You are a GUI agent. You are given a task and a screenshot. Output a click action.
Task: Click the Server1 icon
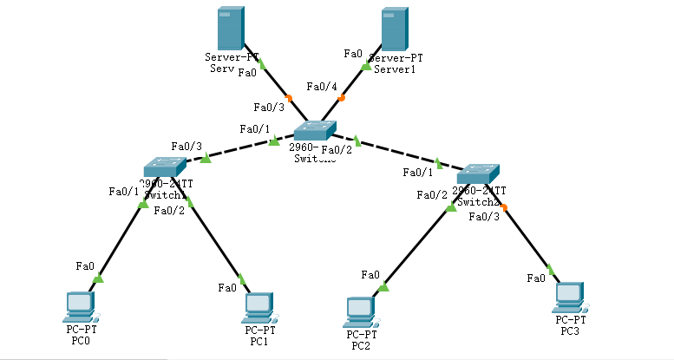tap(394, 29)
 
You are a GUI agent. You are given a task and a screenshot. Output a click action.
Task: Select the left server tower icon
tap(230, 29)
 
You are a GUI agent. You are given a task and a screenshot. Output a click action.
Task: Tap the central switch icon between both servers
tap(312, 131)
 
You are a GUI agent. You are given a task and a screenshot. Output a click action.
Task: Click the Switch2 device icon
tap(478, 173)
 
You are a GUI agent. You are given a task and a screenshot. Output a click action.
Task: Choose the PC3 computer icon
tap(569, 297)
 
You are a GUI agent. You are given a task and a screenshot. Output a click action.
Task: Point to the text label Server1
tap(395, 69)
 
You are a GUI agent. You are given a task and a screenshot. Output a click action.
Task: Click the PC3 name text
tap(569, 331)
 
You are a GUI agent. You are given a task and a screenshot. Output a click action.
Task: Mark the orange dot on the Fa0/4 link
tap(342, 98)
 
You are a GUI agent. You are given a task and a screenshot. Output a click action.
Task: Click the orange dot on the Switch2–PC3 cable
tap(504, 206)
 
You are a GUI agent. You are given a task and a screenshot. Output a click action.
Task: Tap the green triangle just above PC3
tap(550, 269)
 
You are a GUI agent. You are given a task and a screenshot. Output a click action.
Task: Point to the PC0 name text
tap(80, 341)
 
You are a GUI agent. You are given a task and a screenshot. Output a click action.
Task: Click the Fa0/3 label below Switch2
tap(483, 216)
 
